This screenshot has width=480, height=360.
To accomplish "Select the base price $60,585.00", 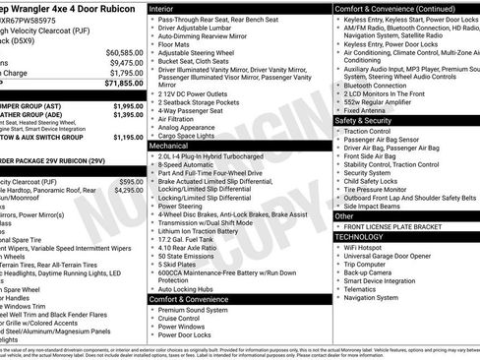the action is (124, 51).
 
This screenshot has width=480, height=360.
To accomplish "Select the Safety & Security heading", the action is (368, 120).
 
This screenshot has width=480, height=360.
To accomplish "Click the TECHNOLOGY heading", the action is (361, 237).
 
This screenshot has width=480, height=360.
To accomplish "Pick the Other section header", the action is (345, 215).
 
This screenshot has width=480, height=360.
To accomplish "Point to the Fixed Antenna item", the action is (371, 109).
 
